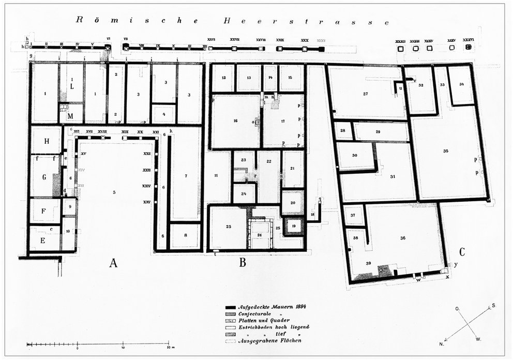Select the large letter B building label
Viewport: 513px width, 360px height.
point(242,263)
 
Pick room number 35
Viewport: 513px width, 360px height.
point(446,151)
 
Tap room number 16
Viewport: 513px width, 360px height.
point(235,121)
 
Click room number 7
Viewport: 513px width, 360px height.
point(186,177)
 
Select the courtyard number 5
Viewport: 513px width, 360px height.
point(113,192)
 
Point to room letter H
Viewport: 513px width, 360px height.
point(46,141)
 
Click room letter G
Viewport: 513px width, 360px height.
point(44,177)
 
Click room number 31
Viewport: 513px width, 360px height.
point(393,177)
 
